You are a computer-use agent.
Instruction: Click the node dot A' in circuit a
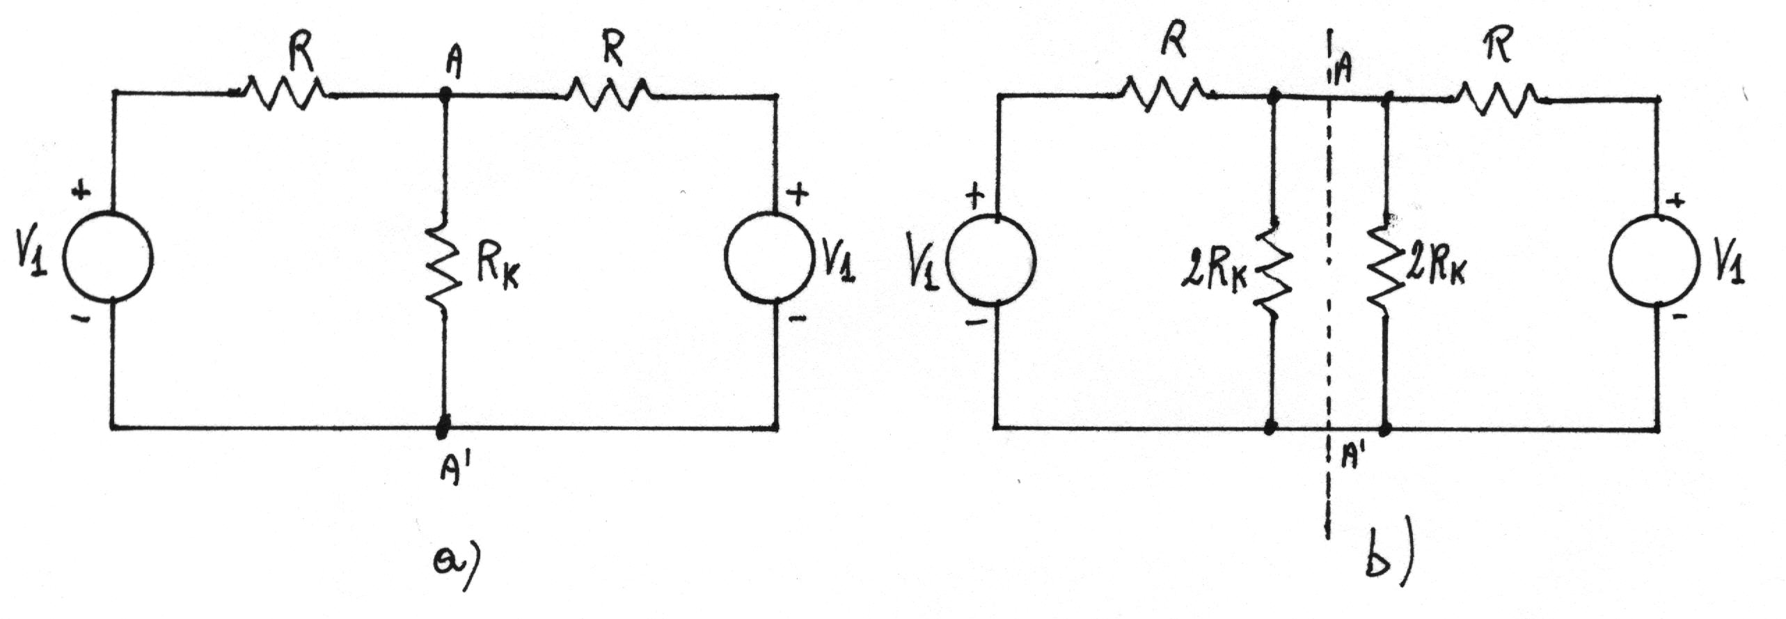(x=442, y=426)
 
